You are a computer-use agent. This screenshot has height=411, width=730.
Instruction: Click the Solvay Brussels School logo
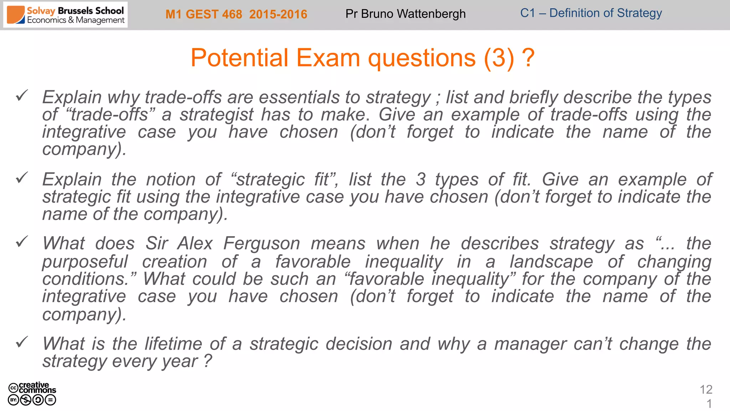point(66,15)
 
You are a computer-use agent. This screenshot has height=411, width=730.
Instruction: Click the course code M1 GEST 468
point(204,14)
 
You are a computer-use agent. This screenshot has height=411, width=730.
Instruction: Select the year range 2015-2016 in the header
point(278,14)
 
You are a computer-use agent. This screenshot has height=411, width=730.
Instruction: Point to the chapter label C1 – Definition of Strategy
point(591,13)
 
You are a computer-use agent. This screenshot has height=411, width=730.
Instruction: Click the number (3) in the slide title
point(499,58)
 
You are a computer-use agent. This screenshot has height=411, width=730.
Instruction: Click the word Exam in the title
point(328,58)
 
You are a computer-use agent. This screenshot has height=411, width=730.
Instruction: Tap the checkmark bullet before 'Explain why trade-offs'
point(22,96)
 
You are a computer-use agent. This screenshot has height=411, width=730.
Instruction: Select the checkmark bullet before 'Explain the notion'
point(22,178)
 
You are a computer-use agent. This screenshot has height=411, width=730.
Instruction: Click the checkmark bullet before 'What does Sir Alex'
point(22,242)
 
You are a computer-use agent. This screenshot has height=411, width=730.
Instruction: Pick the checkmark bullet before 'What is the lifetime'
point(22,342)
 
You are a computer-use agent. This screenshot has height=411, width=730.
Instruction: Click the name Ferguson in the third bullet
point(262,244)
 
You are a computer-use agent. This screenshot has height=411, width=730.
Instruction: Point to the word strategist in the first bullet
point(216,115)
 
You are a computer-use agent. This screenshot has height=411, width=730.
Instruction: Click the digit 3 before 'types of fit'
point(421,179)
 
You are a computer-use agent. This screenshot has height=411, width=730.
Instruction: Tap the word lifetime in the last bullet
point(174,344)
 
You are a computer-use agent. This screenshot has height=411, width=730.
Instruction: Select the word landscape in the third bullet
point(551,262)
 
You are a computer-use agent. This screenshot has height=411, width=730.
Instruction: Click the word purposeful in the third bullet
point(85,262)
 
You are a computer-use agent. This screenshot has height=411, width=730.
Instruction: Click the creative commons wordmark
point(37,387)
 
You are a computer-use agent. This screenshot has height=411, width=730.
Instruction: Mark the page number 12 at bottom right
point(706,390)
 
